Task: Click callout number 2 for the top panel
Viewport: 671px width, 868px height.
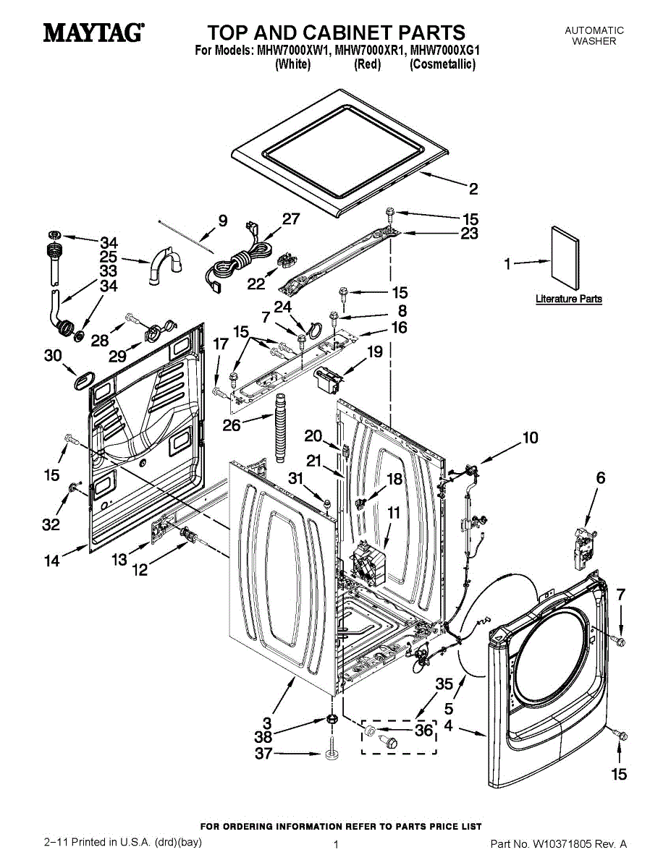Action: [473, 190]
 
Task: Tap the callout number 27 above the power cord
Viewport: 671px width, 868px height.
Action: [290, 220]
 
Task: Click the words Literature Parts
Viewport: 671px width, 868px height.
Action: [568, 299]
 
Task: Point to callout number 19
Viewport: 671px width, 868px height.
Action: [374, 352]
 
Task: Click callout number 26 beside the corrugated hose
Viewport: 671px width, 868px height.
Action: [232, 425]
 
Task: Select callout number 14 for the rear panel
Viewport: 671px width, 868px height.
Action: [52, 560]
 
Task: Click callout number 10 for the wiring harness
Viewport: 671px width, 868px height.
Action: [531, 438]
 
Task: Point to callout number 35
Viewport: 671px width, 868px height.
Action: [444, 684]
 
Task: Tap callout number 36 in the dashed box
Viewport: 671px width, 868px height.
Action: [423, 731]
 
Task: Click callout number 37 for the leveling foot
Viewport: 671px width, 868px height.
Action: [263, 754]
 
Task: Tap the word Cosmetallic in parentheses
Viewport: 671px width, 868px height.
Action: [442, 64]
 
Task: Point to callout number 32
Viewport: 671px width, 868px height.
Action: [51, 525]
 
